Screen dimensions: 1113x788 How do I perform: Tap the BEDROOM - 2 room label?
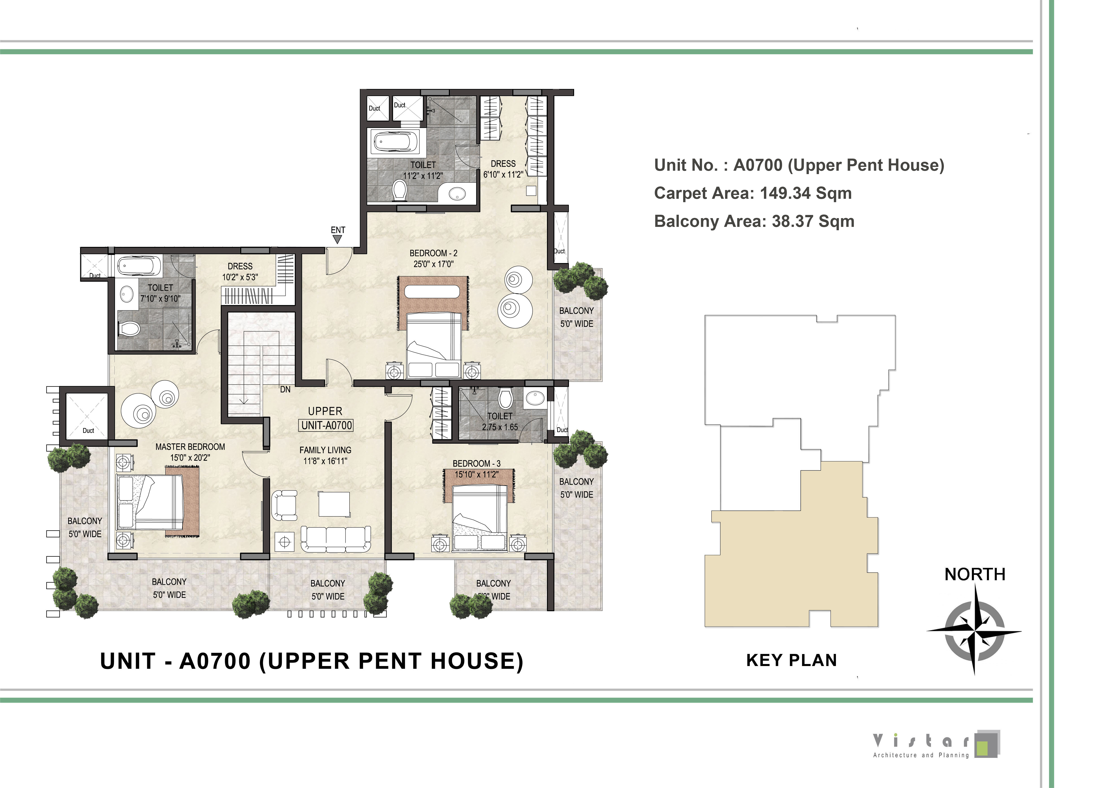(x=433, y=253)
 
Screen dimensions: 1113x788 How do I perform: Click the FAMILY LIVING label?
(x=325, y=450)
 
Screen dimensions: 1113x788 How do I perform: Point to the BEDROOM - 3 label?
(x=477, y=464)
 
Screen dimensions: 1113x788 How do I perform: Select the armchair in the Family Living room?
(x=284, y=505)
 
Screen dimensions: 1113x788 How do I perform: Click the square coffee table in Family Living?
(x=334, y=504)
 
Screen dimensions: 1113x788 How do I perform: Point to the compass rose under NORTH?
(x=974, y=630)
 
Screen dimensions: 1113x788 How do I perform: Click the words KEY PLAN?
(x=792, y=660)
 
